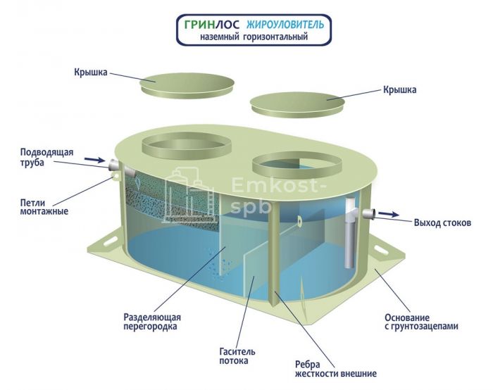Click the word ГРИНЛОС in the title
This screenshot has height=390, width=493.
(x=211, y=24)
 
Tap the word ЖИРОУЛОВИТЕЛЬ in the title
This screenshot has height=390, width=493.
(x=285, y=24)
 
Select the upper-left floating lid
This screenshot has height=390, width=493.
(x=187, y=85)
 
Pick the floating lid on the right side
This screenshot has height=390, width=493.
(x=297, y=105)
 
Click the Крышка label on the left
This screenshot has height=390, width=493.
(x=91, y=72)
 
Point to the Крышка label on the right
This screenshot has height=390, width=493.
(x=399, y=89)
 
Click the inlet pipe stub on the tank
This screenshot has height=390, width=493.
(x=113, y=165)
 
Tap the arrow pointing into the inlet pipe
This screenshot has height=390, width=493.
(x=94, y=160)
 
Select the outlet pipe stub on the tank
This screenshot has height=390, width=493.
(x=369, y=214)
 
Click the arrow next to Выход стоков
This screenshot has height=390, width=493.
(x=389, y=214)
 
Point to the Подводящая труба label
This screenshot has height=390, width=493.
(x=47, y=157)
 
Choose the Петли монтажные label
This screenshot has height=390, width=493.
(x=44, y=206)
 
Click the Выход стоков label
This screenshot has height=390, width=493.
(x=442, y=222)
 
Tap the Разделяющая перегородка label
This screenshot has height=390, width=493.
(x=152, y=322)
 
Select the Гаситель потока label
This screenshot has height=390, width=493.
(x=237, y=356)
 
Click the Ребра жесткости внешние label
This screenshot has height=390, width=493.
(x=336, y=369)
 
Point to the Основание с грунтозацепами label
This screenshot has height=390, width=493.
(x=421, y=322)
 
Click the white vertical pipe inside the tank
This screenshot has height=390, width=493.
(x=350, y=232)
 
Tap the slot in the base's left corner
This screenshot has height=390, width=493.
(x=111, y=242)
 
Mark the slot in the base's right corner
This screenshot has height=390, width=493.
(x=381, y=249)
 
